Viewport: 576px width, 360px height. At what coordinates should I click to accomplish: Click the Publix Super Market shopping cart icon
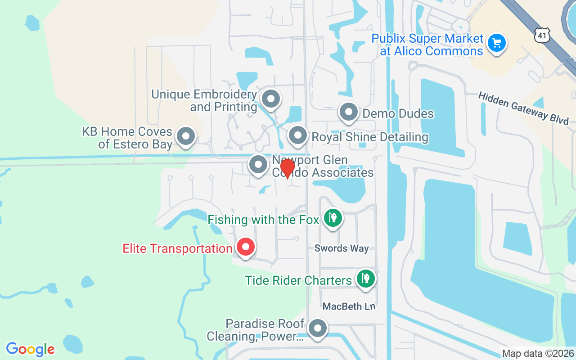point(496,44)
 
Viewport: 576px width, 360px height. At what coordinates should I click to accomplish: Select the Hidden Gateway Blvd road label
point(523,108)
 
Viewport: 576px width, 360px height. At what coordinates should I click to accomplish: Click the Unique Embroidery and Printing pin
point(271,99)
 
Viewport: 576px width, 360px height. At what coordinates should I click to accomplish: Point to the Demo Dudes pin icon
point(348,112)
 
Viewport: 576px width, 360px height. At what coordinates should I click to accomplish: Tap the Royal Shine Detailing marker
point(297,135)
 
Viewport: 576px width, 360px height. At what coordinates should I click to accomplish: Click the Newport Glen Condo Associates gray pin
point(258,165)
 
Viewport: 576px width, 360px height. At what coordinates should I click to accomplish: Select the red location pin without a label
point(287,169)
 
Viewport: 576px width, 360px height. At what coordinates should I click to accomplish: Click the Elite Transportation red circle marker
point(246,247)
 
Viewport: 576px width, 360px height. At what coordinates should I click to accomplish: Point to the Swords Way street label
point(342,248)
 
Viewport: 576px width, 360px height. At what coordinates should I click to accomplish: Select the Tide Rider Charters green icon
point(366,279)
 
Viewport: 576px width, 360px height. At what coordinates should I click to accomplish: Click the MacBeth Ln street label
point(349,306)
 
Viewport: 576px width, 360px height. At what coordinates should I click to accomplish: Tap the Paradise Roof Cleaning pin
point(318,328)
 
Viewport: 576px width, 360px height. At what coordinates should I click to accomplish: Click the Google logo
point(31,349)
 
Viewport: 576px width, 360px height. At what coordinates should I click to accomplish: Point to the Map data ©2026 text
point(538,354)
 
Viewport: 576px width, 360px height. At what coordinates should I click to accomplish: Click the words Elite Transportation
point(177,248)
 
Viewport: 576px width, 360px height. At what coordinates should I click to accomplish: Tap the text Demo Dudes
point(398,113)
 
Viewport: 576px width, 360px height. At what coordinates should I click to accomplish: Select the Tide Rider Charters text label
point(298,280)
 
